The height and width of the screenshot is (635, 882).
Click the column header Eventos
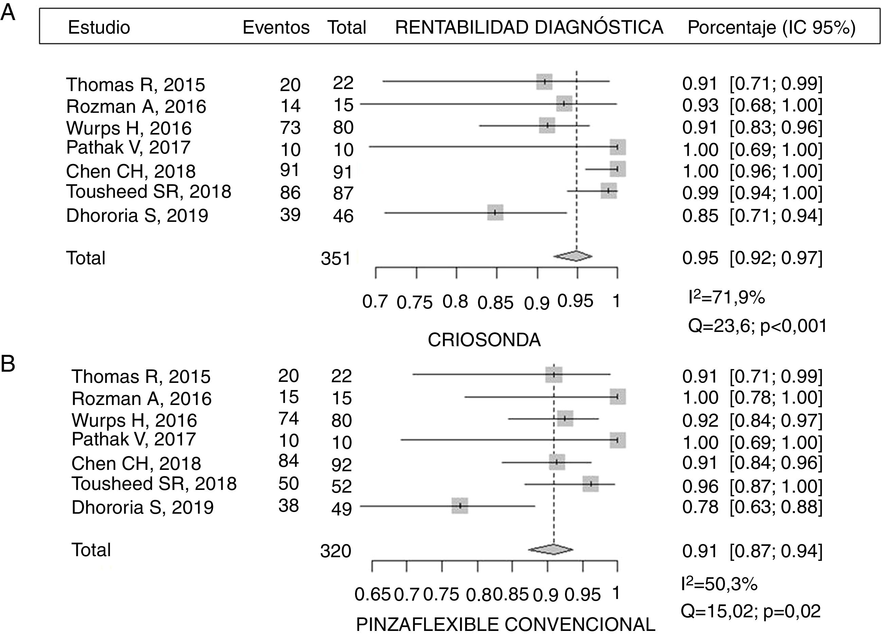[276, 28]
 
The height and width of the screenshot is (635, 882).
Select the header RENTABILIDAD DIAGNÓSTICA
[529, 28]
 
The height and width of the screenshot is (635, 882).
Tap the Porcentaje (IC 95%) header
[772, 28]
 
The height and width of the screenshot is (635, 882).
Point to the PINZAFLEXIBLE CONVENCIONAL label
[506, 625]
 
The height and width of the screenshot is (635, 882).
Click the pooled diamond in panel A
[573, 256]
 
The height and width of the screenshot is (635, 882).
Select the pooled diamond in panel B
[551, 549]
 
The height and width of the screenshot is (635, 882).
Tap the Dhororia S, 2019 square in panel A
[495, 212]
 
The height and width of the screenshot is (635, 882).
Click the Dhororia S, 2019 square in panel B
[460, 506]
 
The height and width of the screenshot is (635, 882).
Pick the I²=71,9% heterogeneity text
[726, 298]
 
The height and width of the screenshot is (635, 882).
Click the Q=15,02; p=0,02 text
[751, 611]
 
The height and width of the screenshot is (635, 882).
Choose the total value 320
[336, 551]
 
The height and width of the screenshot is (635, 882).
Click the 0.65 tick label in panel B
[372, 595]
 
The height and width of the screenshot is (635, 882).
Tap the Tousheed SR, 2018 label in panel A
[148, 192]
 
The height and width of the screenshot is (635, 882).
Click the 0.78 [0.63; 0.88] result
[752, 507]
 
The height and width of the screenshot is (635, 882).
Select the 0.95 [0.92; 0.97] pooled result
[752, 258]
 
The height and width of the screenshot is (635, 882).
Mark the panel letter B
[8, 364]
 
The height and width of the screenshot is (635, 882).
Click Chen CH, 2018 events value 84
[288, 461]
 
